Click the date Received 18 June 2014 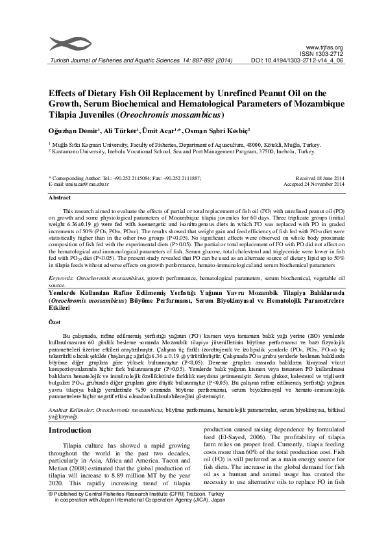[x=319, y=177]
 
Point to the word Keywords [x=63, y=277]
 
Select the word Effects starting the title [x=66, y=92]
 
